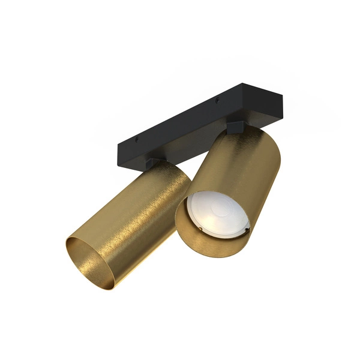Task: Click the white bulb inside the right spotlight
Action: point(217,215)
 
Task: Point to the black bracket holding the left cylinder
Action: point(152,162)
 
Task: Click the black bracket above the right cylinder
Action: point(235,127)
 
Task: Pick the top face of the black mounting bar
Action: point(192,117)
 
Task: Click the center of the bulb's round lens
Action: point(217,215)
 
